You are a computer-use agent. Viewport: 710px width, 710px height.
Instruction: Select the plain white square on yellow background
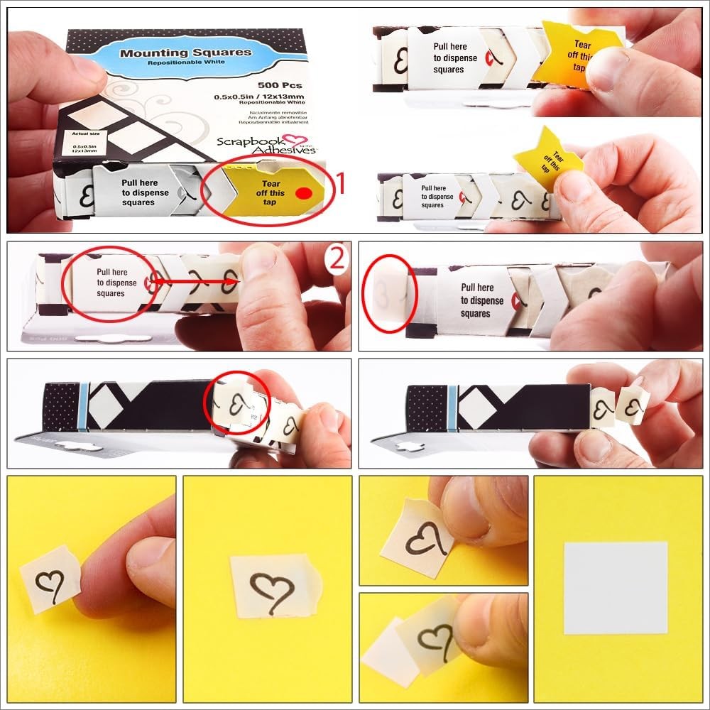tap(616, 587)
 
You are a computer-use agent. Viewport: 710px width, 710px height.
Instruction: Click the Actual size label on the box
tap(76, 135)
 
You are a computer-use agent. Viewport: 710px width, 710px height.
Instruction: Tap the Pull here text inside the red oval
tap(110, 283)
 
